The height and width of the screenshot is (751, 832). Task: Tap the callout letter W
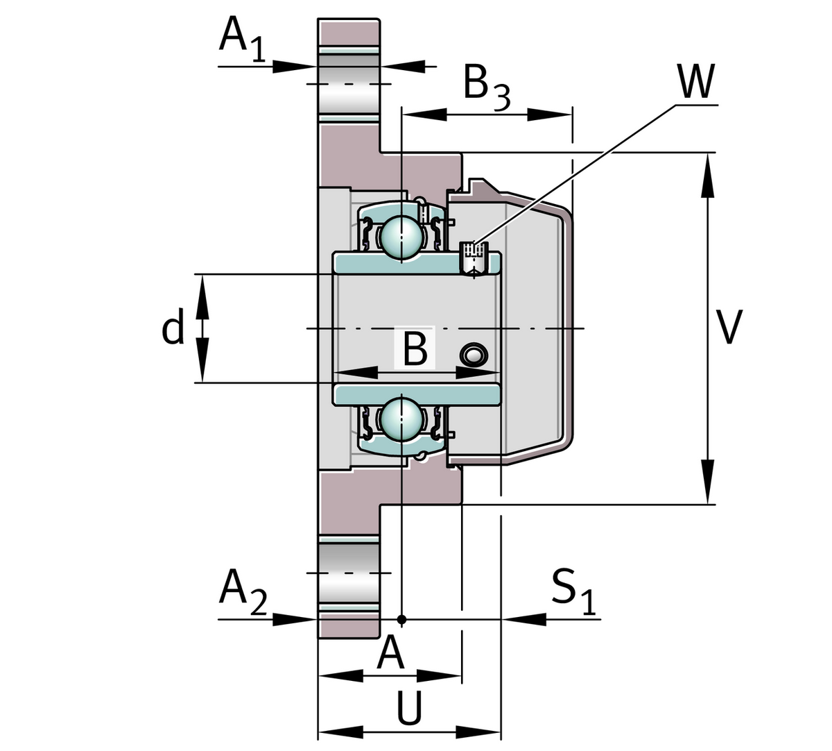(x=695, y=83)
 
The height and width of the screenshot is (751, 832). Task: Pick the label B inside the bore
(x=415, y=349)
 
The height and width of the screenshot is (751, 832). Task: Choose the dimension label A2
(x=242, y=591)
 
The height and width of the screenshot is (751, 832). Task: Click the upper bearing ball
(x=401, y=237)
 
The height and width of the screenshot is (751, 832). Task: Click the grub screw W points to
(x=474, y=257)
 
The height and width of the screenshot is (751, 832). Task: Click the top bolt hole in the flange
(x=349, y=83)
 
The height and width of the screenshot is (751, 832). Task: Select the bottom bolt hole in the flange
(x=349, y=573)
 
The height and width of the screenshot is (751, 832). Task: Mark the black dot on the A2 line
(x=401, y=618)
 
